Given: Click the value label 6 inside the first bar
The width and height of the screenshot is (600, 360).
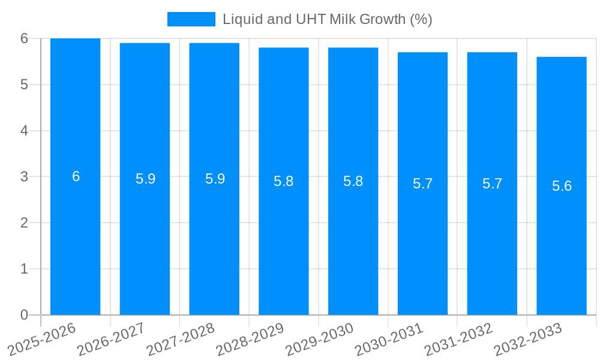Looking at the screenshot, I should pos(76,176).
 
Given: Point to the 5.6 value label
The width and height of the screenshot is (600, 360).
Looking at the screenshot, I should pos(562,186).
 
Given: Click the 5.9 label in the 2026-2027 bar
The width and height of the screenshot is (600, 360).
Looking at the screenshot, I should pos(145,179).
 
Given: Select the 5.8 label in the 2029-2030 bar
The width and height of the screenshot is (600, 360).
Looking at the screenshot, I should pos(353,181).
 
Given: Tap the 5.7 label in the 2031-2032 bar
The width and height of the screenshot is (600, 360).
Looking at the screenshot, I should pos(492,184).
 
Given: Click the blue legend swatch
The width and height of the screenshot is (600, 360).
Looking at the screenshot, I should pos(191,19).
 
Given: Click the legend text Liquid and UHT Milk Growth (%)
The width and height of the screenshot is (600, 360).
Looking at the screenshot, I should pos(327,19).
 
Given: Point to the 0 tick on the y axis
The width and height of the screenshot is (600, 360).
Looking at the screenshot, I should pos(24,315).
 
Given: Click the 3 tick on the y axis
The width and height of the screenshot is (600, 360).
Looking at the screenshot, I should pos(24,176).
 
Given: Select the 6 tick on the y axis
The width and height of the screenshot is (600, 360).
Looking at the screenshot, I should pos(24,38).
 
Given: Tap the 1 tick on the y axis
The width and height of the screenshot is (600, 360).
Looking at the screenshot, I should pos(24,269).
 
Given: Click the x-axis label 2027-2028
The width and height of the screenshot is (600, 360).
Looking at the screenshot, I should pos(181,339).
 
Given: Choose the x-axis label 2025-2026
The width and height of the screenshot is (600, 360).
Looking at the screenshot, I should pos(42,339).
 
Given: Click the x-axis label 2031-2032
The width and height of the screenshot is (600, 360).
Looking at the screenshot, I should pos(458,339).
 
